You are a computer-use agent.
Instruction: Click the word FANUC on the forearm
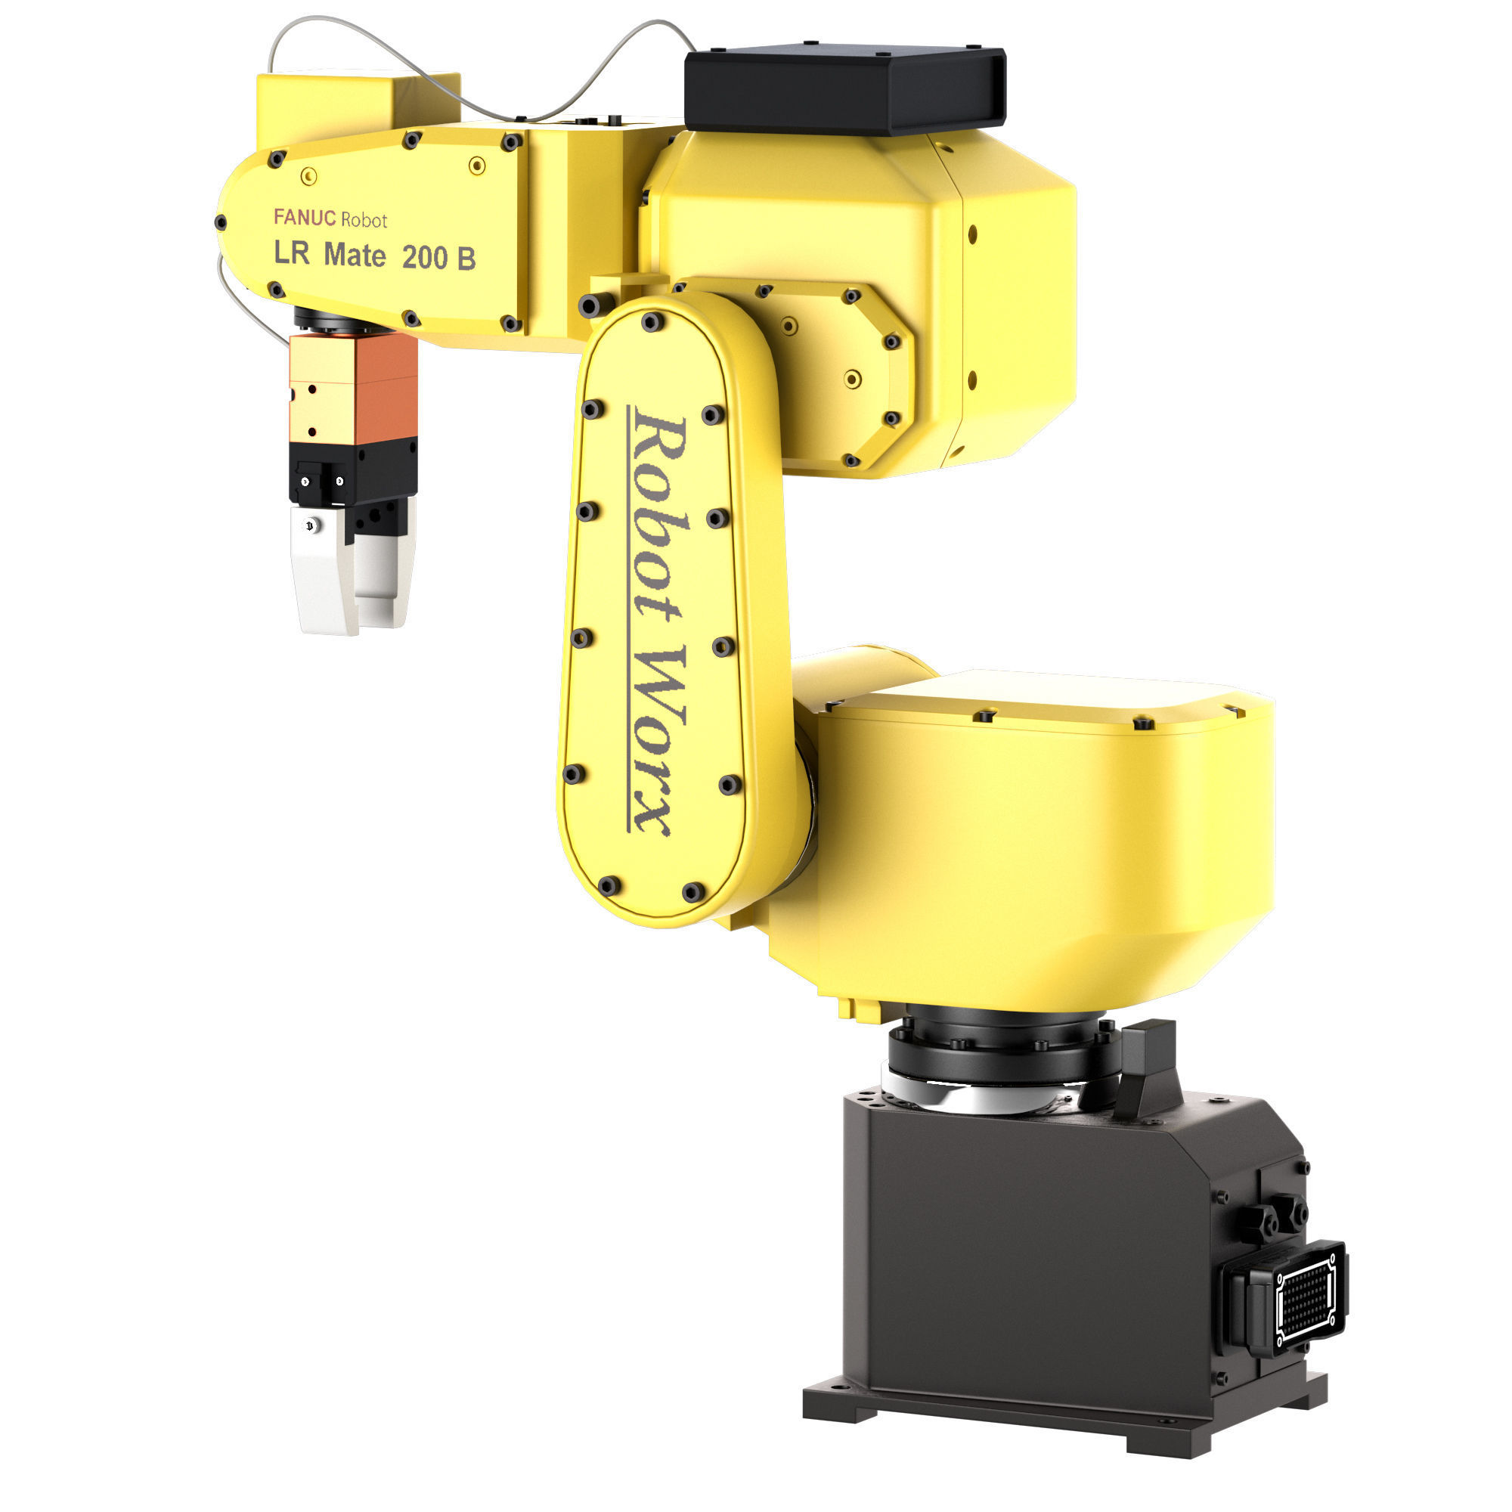point(305,217)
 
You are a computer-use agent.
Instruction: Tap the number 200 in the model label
point(424,258)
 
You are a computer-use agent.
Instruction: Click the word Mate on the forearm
point(355,255)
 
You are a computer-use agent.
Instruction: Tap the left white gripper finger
point(324,572)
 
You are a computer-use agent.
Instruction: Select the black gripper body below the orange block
point(352,472)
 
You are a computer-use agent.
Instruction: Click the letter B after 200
point(466,259)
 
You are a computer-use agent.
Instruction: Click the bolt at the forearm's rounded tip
point(221,223)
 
